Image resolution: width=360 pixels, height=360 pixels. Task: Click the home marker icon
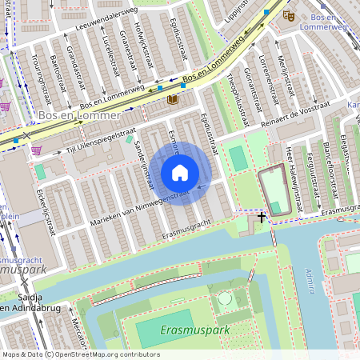180,173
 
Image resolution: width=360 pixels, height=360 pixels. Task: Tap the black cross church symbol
262,217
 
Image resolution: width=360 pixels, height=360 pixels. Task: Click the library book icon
174,100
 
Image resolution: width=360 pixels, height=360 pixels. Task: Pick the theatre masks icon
288,14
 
